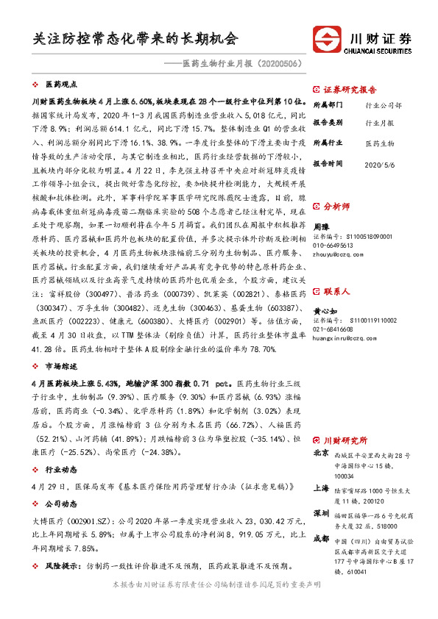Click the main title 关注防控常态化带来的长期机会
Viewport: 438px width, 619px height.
click(136, 37)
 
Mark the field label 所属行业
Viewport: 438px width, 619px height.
click(328, 143)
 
